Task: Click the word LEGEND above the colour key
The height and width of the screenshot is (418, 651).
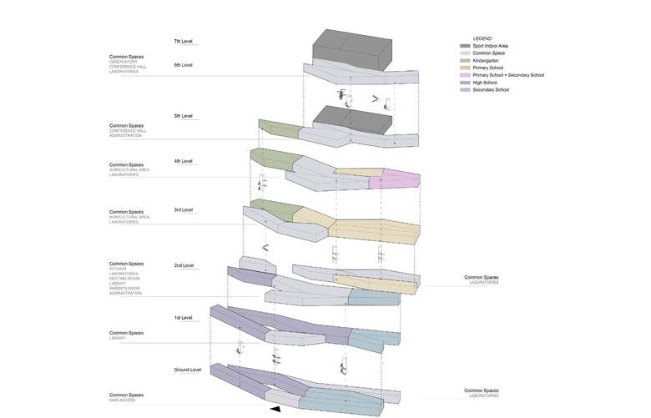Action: (482, 38)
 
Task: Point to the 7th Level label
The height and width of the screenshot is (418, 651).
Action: (183, 41)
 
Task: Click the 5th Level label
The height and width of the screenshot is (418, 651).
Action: (183, 115)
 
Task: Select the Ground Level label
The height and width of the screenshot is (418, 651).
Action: (187, 370)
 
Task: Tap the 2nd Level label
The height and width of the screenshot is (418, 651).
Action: (184, 265)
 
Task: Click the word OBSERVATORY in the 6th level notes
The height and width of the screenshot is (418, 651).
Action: (123, 62)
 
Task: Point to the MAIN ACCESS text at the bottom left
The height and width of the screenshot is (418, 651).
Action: (122, 400)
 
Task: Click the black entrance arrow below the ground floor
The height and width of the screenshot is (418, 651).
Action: (275, 409)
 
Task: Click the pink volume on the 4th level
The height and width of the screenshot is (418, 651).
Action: (401, 178)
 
